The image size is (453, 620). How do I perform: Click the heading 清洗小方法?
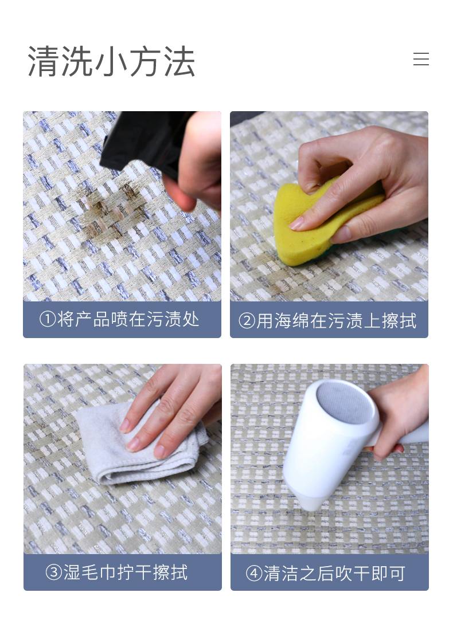point(111,61)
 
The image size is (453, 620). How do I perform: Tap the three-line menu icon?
point(421,59)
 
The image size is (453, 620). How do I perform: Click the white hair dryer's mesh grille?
point(343,402)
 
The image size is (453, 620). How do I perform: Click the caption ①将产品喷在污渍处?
point(119,320)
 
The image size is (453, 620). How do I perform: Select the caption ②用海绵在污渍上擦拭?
point(327,321)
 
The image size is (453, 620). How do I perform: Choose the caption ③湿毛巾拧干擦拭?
point(117,572)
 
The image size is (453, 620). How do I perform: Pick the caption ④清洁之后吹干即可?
point(326,574)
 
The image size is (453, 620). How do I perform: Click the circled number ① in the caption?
point(48,320)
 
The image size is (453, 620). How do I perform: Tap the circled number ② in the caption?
point(247,321)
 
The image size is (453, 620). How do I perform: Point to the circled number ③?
point(54,573)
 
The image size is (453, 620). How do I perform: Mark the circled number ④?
point(254,574)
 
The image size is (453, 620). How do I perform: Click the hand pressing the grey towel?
point(174,411)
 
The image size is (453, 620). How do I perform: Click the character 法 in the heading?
point(179,61)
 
